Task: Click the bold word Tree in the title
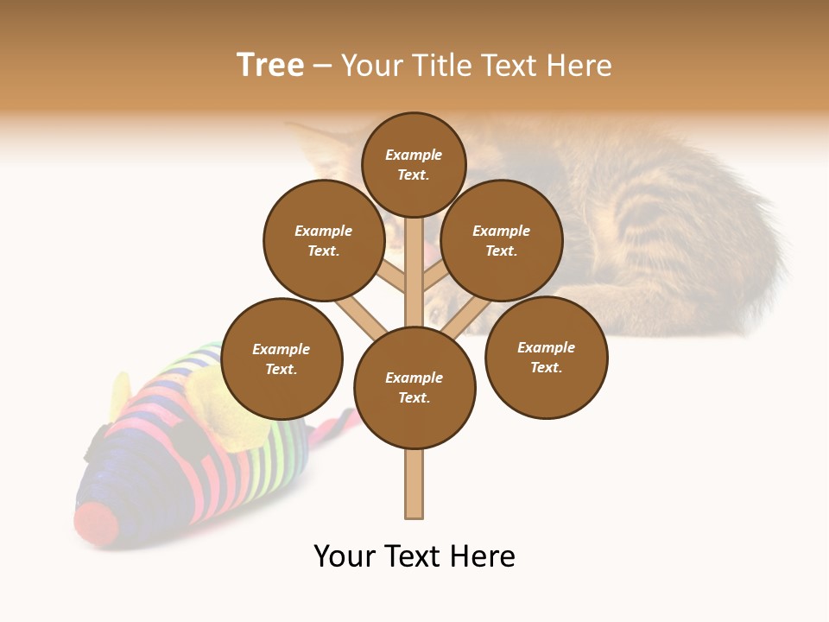270,65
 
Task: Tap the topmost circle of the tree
414,164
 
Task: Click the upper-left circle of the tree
324,240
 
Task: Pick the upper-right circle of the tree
502,240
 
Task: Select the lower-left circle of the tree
282,359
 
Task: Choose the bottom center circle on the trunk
414,387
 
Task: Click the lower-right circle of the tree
546,357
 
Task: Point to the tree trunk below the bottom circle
414,484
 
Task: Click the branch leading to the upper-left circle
390,276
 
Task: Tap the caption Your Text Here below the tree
414,555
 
